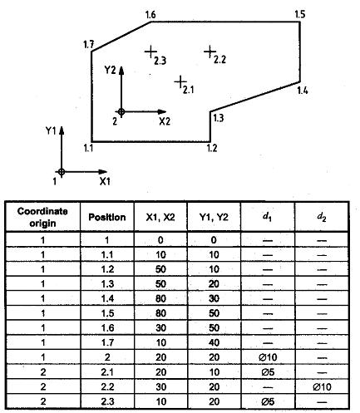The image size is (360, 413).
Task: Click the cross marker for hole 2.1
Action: [x=180, y=81]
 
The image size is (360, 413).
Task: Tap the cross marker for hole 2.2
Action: [x=210, y=52]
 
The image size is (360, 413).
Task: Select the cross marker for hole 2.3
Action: [x=150, y=52]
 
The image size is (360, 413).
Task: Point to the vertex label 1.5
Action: [x=300, y=14]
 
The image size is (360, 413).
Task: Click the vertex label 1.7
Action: [x=89, y=44]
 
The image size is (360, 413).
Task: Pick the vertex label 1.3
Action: [x=218, y=118]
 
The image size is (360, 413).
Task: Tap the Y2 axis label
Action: [x=110, y=71]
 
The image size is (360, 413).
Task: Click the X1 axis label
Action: [x=105, y=182]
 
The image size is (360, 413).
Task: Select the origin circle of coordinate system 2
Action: [x=121, y=112]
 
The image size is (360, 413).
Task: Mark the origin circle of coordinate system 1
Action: [x=62, y=172]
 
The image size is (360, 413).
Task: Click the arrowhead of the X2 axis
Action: [x=162, y=112]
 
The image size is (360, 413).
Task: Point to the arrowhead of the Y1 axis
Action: [x=62, y=130]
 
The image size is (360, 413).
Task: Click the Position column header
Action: [x=107, y=217]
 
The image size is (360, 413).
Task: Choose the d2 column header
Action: [x=322, y=218]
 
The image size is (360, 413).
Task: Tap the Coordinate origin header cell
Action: [x=42, y=217]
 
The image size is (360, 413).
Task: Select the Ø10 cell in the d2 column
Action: [x=322, y=387]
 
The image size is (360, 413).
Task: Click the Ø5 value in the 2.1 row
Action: [x=268, y=372]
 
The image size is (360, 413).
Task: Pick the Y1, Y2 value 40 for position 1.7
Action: [x=214, y=343]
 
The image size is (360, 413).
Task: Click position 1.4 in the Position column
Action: [x=107, y=299]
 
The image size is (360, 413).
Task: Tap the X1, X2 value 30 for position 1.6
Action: [x=160, y=328]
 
